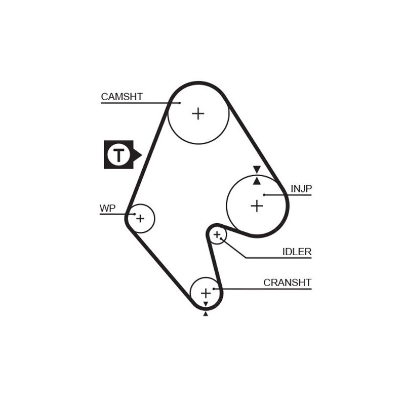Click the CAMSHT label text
pos(121,97)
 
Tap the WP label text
pos(107,208)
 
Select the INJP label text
pos(301,189)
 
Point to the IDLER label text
pos(297,252)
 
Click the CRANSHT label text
pos(287,282)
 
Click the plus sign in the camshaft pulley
pos(198,113)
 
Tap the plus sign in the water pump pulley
pos(140,219)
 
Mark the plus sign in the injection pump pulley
pos(257,206)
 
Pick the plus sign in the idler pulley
pos(217,234)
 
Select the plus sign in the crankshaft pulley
pos(206,293)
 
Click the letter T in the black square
pos(118,154)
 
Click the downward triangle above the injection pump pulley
pos(257,169)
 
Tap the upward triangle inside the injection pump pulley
pos(257,181)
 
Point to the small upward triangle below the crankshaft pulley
pos(206,314)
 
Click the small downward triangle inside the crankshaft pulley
pos(206,304)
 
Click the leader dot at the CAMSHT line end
pos(179,103)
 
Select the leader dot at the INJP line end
pos(264,194)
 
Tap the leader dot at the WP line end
pos(135,214)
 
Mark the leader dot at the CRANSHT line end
pos(214,289)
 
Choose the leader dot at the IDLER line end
pos(221,238)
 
